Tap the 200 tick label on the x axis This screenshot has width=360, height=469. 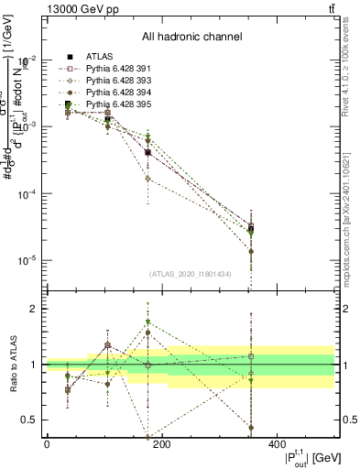coord(162,445)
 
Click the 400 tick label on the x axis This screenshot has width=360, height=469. coord(278,445)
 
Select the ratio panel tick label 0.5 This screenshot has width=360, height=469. coord(29,420)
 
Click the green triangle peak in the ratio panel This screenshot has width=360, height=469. coord(147,322)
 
